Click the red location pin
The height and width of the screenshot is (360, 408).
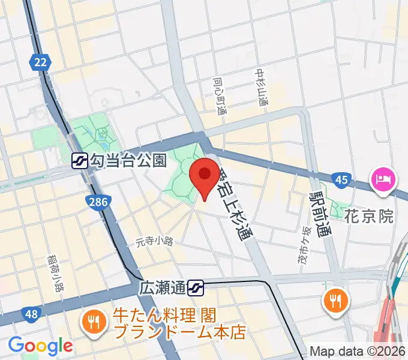(204, 175)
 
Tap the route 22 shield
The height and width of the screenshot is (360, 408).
(40, 62)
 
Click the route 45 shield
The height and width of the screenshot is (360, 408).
(341, 179)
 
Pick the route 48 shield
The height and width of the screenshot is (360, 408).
(31, 314)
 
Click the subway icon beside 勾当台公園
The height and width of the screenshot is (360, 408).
(79, 160)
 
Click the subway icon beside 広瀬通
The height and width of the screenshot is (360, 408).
(194, 289)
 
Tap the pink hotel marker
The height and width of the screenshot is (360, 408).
(383, 178)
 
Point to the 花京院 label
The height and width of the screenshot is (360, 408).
(369, 216)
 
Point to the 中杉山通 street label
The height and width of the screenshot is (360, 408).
(262, 88)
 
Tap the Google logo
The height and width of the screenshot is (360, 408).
(40, 346)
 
